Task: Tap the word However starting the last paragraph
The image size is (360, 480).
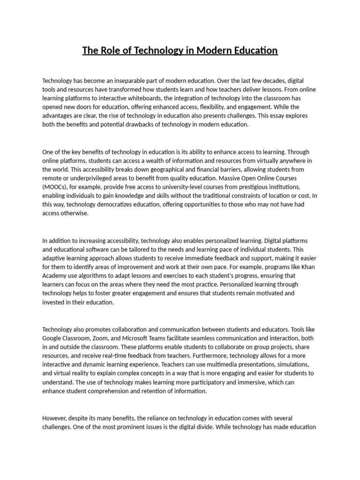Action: point(54,418)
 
